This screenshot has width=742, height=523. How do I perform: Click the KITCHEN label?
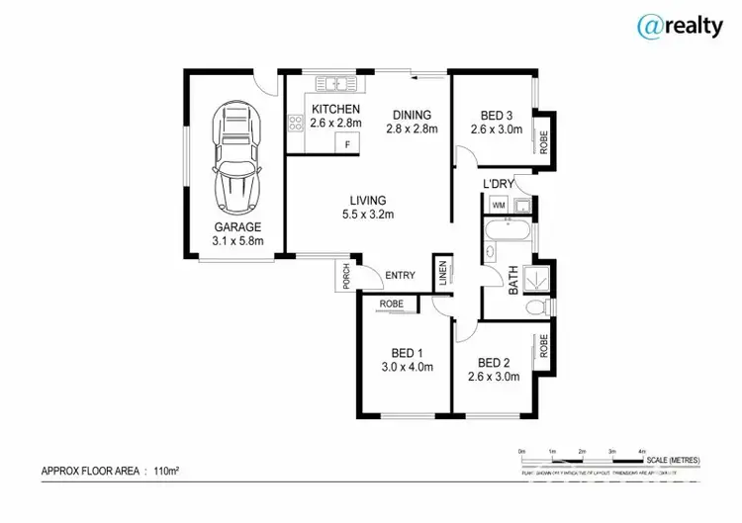tap(334, 109)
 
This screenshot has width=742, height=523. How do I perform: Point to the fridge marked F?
tap(348, 144)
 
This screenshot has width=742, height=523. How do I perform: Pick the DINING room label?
tap(412, 114)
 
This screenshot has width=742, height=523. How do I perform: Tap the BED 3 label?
tap(496, 114)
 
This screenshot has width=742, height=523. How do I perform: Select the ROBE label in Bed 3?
tap(543, 141)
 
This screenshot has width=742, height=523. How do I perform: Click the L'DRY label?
tap(499, 184)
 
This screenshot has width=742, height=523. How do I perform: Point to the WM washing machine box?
tap(498, 206)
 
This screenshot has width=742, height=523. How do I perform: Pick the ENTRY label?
tap(400, 276)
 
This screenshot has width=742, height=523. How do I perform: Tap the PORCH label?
tap(346, 277)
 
